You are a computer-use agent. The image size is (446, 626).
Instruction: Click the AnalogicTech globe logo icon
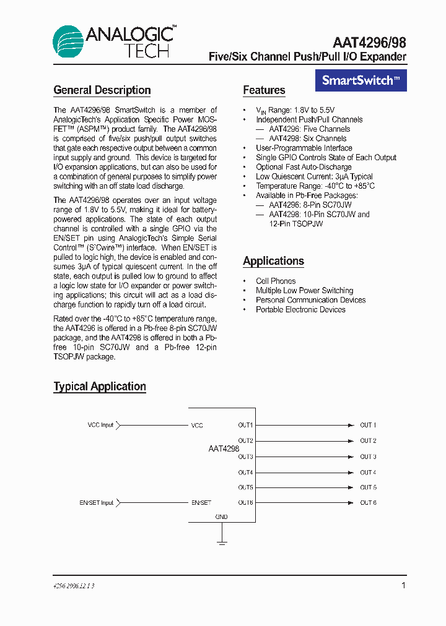pyautogui.click(x=68, y=41)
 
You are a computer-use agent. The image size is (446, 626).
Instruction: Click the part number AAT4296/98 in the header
pyautogui.click(x=369, y=41)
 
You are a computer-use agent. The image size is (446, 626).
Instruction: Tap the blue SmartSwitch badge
pyautogui.click(x=361, y=80)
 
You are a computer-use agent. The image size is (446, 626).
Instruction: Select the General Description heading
pyautogui.click(x=102, y=90)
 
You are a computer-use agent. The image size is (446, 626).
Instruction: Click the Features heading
pyautogui.click(x=264, y=90)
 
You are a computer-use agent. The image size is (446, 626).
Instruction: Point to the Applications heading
pyautogui.click(x=273, y=261)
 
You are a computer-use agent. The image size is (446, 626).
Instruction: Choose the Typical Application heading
pyautogui.click(x=100, y=387)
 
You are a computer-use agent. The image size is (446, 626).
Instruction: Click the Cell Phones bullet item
pyautogui.click(x=276, y=281)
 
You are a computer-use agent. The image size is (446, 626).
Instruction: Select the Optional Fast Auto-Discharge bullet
pyautogui.click(x=304, y=167)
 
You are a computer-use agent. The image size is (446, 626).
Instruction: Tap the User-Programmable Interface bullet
pyautogui.click(x=304, y=148)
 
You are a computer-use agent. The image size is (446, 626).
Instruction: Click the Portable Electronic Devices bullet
pyautogui.click(x=300, y=309)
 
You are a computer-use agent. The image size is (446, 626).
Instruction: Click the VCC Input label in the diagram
pyautogui.click(x=100, y=425)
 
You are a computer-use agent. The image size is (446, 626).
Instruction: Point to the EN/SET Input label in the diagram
pyautogui.click(x=97, y=503)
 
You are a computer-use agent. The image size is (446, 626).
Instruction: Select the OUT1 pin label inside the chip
pyautogui.click(x=245, y=425)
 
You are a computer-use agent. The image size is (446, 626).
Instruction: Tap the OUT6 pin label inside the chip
pyautogui.click(x=245, y=503)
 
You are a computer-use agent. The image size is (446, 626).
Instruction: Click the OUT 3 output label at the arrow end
pyautogui.click(x=368, y=457)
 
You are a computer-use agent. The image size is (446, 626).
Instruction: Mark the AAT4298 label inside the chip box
pyautogui.click(x=224, y=448)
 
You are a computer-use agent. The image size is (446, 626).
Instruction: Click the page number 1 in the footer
pyautogui.click(x=404, y=585)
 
